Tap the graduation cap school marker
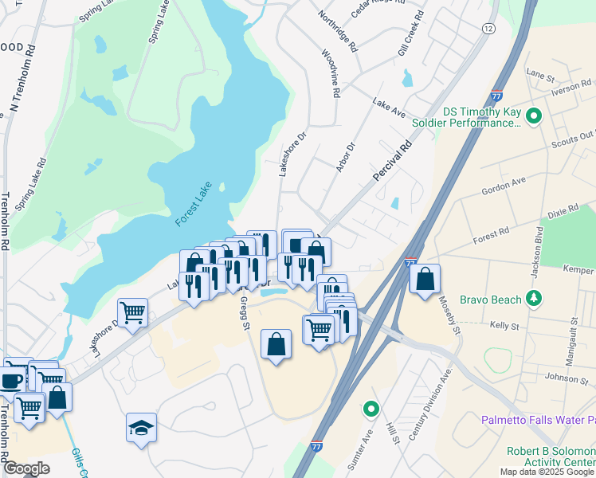click(x=141, y=428)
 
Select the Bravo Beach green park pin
click(x=535, y=300)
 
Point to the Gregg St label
click(x=244, y=311)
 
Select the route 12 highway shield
click(x=488, y=28)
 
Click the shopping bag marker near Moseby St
click(x=425, y=279)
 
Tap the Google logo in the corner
click(x=26, y=468)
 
